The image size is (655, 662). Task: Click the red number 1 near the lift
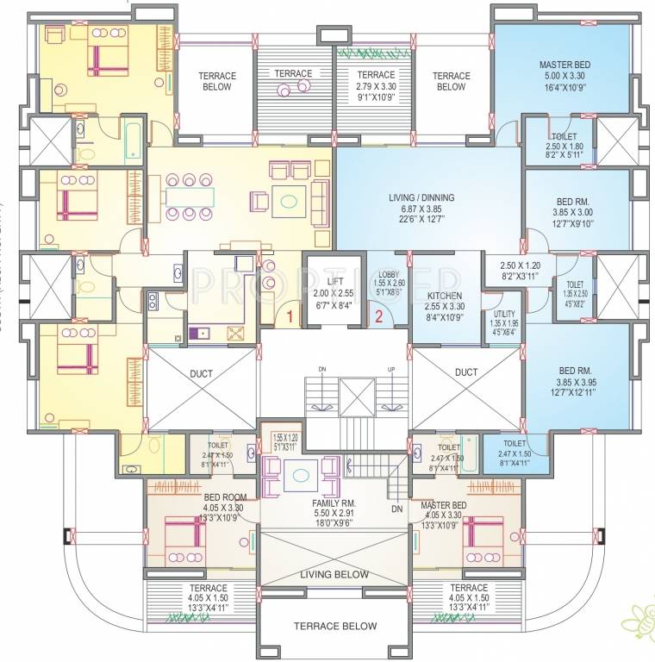pos(290,317)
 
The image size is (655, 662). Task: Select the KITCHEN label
pos(444,296)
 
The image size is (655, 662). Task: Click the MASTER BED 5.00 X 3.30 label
pos(565,65)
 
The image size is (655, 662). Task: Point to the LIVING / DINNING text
pos(421,197)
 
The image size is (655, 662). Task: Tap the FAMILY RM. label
pos(335,503)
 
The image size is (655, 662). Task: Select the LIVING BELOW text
pos(334,575)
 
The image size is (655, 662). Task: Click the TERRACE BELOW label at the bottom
pos(334,627)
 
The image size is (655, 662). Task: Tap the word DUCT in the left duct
pos(201,373)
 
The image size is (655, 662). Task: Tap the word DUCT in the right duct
pos(466,373)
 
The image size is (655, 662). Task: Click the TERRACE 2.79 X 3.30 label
pos(376,75)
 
